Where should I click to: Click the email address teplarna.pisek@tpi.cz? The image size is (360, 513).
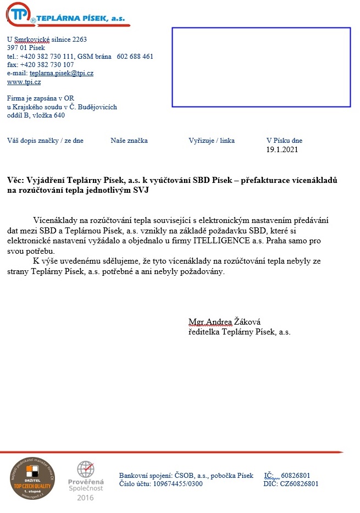(x=62, y=73)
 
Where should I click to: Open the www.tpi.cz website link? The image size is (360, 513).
(x=24, y=82)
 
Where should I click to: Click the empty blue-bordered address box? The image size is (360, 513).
(x=261, y=67)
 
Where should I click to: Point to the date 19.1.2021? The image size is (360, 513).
(x=282, y=149)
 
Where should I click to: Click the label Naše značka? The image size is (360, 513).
(x=129, y=141)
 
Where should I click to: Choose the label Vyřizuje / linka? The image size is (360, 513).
(x=212, y=141)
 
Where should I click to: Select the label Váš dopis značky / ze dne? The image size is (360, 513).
(x=45, y=141)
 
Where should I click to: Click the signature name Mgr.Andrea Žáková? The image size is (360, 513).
(x=224, y=322)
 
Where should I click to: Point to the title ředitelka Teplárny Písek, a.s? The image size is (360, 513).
(x=239, y=332)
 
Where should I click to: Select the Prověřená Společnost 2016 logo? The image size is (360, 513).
(x=85, y=481)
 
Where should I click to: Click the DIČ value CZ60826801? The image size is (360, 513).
(x=299, y=484)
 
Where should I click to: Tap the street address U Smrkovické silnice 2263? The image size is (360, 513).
(x=47, y=40)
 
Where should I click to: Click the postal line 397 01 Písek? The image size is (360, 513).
(x=26, y=48)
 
